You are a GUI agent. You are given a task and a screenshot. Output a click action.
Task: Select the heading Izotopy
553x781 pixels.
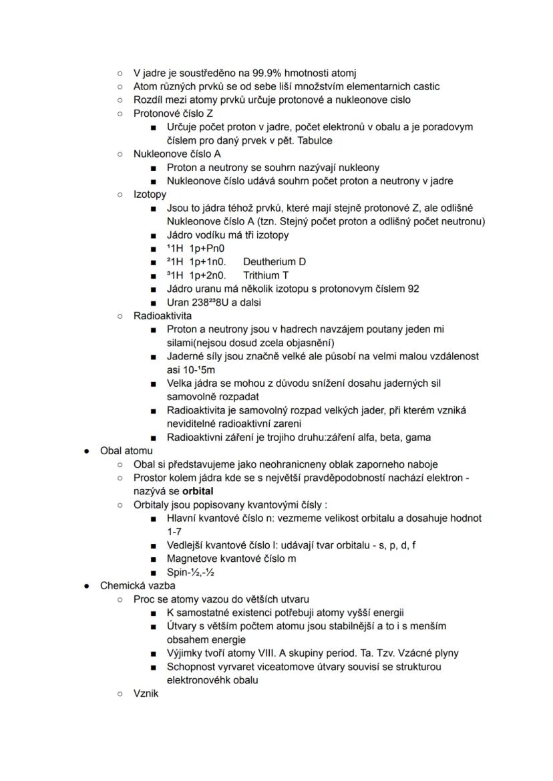click(x=150, y=194)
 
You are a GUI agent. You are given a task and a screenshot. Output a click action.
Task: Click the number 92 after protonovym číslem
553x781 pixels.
click(x=413, y=289)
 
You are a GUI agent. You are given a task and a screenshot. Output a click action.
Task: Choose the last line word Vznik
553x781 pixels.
click(x=146, y=693)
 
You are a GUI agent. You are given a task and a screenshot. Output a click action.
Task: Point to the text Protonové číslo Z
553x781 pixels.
click(x=173, y=114)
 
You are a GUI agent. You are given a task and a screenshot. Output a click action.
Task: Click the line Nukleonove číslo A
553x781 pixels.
click(x=177, y=154)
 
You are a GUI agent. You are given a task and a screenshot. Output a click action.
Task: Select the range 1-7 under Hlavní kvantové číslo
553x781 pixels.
click(x=174, y=532)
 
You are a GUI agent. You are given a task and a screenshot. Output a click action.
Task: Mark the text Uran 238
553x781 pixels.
click(x=191, y=302)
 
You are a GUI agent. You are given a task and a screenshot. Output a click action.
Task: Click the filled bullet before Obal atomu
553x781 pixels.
click(x=86, y=451)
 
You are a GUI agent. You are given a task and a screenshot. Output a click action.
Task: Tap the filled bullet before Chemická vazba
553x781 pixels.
click(x=86, y=586)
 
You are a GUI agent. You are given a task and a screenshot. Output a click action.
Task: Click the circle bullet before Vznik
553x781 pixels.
click(x=120, y=693)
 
